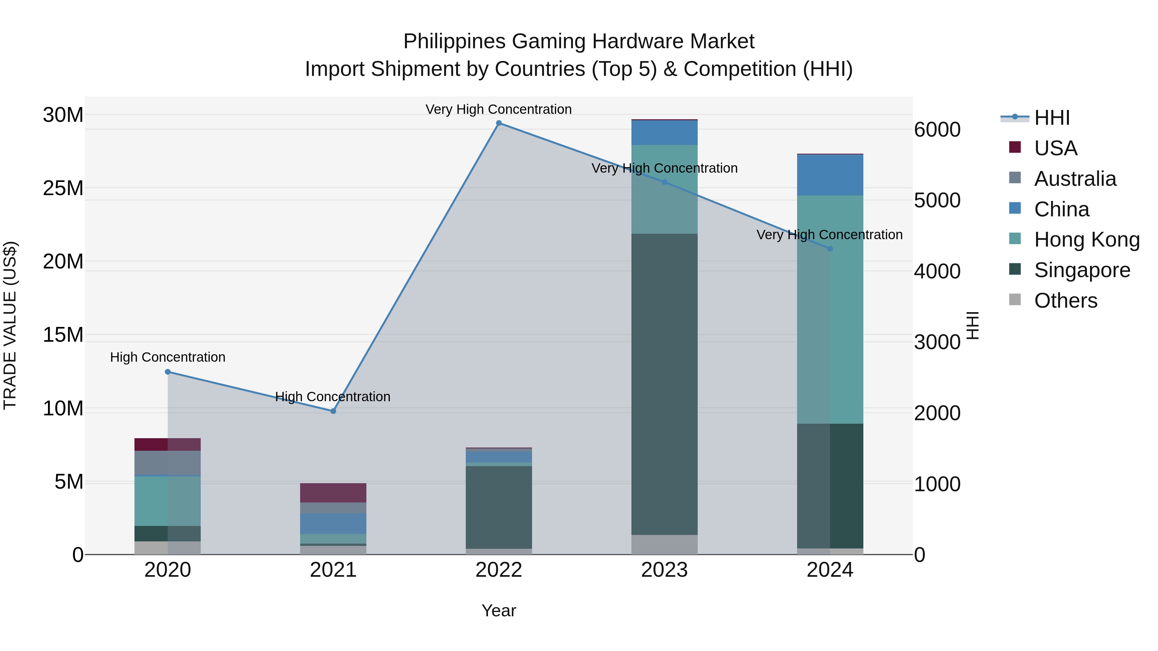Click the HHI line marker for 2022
coord(499,123)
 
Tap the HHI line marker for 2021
coord(333,411)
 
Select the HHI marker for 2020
coord(168,372)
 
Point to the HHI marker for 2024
coord(830,249)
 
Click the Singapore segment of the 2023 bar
coord(665,384)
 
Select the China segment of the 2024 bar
coord(830,175)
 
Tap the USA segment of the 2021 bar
coord(333,493)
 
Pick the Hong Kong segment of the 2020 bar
coord(168,501)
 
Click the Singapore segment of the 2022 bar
coord(499,507)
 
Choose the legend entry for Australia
coord(1075,179)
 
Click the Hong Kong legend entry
coord(1087,240)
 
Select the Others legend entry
coord(1065,301)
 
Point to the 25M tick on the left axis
coord(63,188)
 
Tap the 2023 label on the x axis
coord(665,570)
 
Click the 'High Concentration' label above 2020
coord(168,357)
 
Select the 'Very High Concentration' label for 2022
coord(499,109)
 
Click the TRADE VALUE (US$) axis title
coord(10,325)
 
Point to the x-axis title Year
coord(499,610)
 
